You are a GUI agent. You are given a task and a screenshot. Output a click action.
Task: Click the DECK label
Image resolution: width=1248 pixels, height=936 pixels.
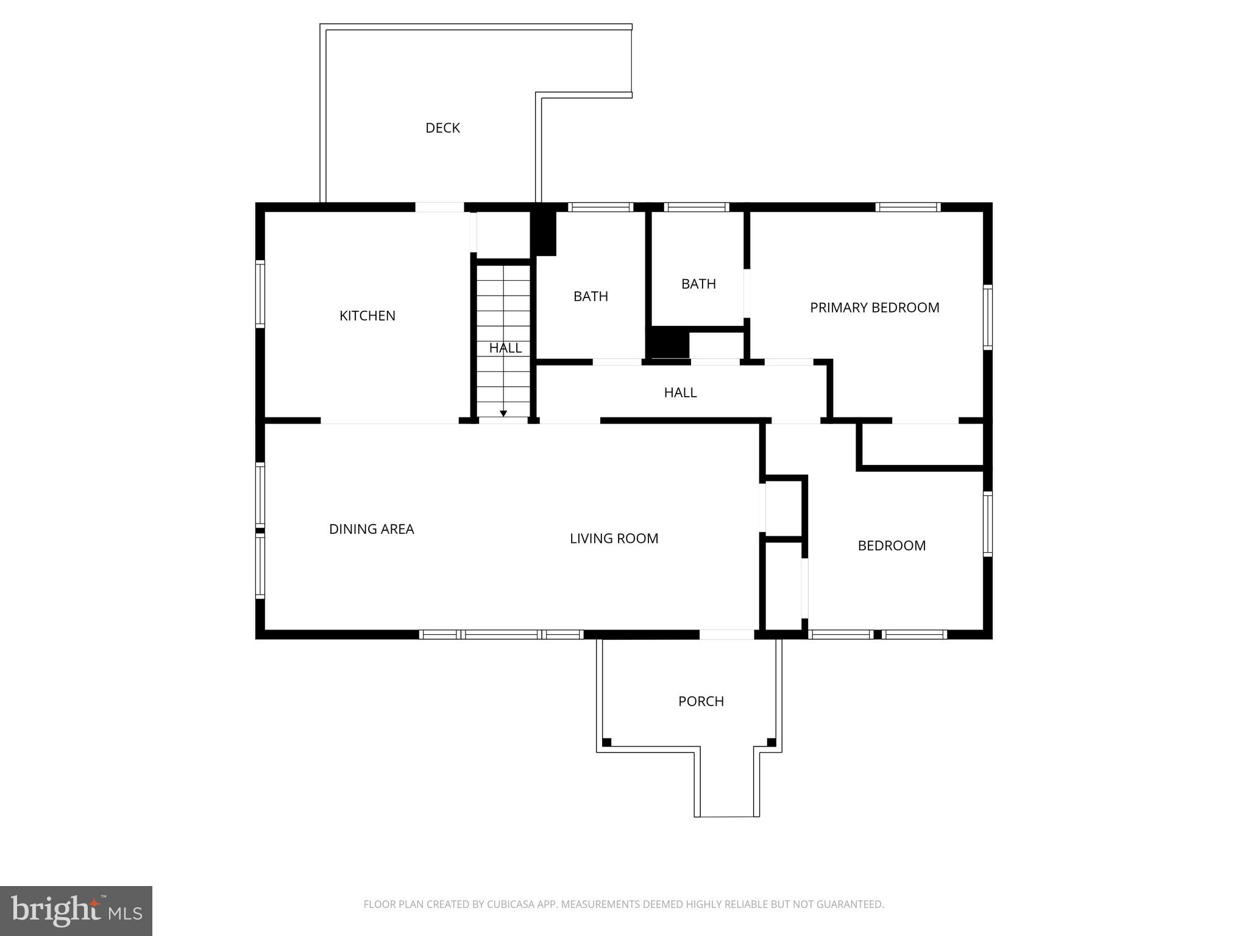click(x=442, y=128)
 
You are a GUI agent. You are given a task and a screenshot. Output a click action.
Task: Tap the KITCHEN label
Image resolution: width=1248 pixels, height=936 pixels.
click(x=367, y=316)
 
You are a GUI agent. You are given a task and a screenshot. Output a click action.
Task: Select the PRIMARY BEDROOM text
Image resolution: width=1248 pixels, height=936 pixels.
click(x=874, y=308)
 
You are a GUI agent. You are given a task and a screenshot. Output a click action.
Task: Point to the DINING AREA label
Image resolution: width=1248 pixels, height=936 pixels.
click(x=371, y=529)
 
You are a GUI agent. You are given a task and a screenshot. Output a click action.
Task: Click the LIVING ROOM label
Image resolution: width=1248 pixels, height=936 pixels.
click(x=614, y=539)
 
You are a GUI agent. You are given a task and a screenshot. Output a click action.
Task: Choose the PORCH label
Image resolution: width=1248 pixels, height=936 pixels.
click(x=701, y=701)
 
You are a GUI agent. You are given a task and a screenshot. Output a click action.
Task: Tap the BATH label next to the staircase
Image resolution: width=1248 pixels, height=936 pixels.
click(x=590, y=296)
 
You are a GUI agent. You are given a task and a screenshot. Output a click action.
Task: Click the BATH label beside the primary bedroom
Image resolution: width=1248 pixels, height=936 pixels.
click(x=698, y=284)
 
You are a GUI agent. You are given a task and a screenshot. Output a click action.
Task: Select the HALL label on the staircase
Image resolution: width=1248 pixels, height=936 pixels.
click(x=505, y=348)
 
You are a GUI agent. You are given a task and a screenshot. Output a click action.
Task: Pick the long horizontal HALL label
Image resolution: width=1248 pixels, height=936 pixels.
click(x=680, y=392)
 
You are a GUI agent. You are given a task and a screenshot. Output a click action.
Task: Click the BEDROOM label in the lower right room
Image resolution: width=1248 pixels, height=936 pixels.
click(x=892, y=545)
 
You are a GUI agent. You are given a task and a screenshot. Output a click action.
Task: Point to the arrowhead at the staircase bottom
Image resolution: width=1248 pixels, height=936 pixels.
click(x=503, y=414)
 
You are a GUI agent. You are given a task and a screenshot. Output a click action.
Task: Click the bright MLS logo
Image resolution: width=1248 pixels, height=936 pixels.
click(x=76, y=911)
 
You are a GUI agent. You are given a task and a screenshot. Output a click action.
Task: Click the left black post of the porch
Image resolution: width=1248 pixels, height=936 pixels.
click(x=607, y=742)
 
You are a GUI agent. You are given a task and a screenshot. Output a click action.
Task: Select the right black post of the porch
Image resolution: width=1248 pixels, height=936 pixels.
click(x=771, y=742)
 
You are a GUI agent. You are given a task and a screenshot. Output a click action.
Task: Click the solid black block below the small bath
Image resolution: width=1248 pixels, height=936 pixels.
click(x=667, y=342)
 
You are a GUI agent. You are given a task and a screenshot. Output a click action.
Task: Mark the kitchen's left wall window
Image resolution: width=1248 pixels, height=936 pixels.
click(x=260, y=294)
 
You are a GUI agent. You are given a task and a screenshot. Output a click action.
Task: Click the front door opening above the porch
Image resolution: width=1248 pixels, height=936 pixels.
click(x=726, y=634)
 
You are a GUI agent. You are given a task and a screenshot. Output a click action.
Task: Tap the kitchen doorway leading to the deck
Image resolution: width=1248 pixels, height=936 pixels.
click(x=439, y=207)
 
